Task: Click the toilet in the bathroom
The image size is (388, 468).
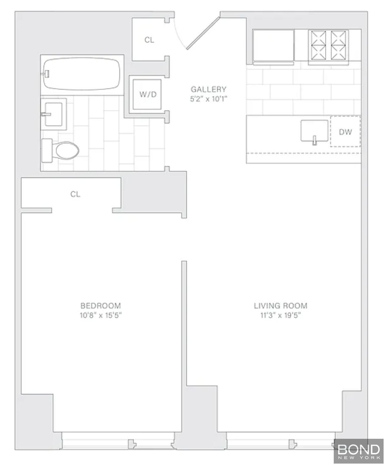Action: pos(60,150)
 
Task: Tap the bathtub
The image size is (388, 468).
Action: pos(82,74)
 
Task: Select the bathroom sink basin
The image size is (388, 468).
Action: pos(54,114)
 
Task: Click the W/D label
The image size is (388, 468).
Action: pos(148,95)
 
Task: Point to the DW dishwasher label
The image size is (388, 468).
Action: pos(346,132)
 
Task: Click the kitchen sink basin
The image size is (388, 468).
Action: pos(314,131)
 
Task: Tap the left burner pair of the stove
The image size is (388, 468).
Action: pos(318,45)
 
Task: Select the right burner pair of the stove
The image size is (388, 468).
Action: pos(338,45)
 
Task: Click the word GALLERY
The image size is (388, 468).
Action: pos(208,89)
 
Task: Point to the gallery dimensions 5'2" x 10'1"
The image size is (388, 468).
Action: pos(208,99)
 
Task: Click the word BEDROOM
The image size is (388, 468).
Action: pos(101,306)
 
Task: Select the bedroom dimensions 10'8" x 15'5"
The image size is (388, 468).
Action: pos(101,315)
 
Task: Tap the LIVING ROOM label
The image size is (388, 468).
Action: pos(280,306)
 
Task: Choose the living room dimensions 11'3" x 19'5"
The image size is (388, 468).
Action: pos(280,315)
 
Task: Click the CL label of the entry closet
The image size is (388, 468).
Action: pos(149,40)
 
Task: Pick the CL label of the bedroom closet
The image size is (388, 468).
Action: pos(75,194)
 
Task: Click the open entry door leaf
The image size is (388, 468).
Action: pos(203,33)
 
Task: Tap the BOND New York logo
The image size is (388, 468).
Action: pos(359,451)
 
